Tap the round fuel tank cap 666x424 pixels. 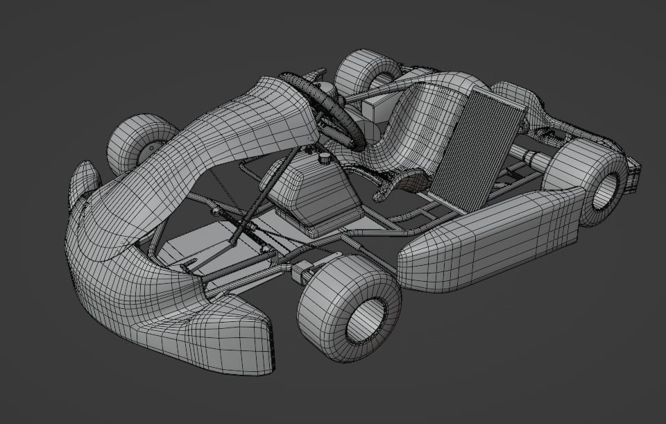coord(323,158)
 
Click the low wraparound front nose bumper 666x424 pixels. coord(173,326)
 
